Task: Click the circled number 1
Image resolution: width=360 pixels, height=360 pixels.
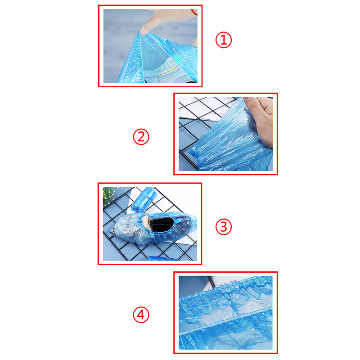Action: pos(223,40)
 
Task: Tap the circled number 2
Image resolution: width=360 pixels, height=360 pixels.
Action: pos(141,137)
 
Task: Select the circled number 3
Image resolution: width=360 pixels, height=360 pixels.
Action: pos(223,227)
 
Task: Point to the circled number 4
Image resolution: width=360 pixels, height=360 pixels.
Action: pos(141,315)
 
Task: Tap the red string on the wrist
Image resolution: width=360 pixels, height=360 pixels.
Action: pos(194,12)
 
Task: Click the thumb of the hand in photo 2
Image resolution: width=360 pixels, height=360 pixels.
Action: pos(252,103)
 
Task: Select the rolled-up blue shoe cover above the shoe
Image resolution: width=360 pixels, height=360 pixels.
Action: pos(144,199)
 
